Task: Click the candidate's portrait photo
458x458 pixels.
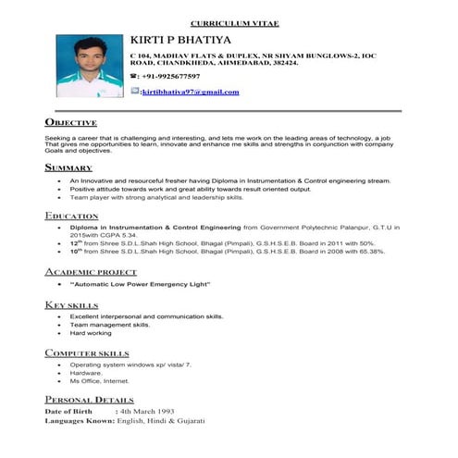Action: [x=89, y=67]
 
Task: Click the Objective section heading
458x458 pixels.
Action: [x=70, y=122]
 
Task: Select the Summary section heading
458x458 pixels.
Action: [x=68, y=167]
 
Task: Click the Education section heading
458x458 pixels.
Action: [x=72, y=216]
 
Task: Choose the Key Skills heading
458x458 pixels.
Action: [x=71, y=304]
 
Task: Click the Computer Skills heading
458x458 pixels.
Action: [x=87, y=353]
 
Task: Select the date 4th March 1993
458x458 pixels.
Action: [x=147, y=411]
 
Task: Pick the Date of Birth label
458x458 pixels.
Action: [x=69, y=411]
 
